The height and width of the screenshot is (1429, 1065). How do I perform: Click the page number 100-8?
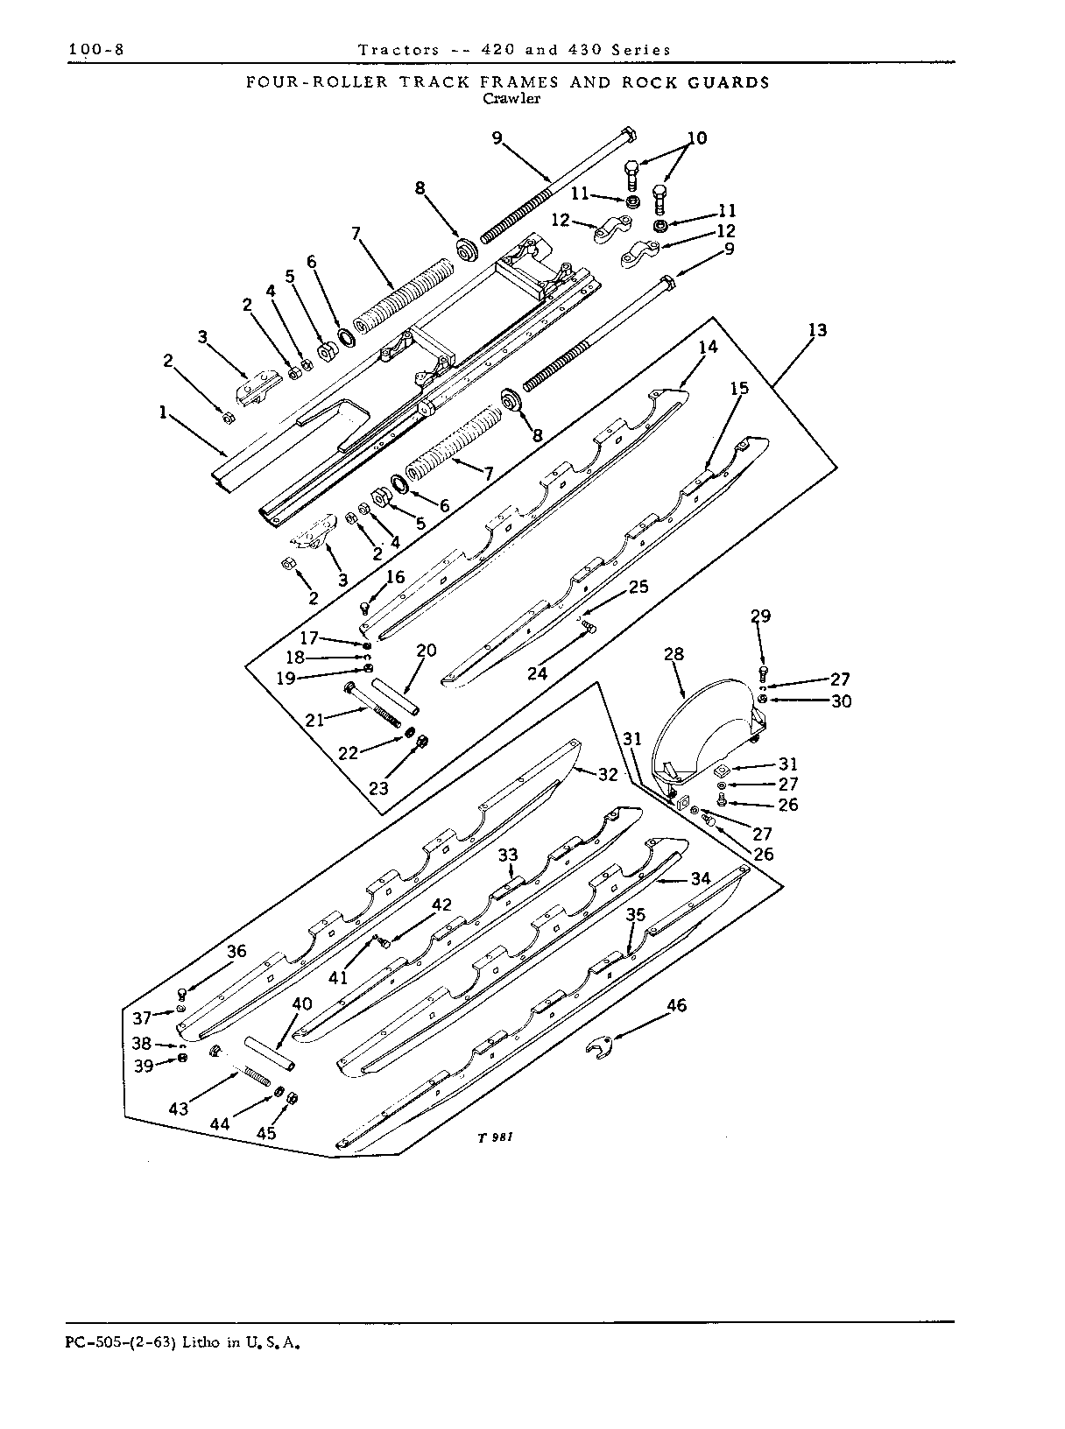[x=96, y=49]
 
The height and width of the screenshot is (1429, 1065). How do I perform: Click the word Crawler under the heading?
[x=511, y=99]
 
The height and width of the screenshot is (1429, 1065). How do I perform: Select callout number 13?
[x=817, y=330]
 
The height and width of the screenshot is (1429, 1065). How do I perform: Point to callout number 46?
[x=676, y=1005]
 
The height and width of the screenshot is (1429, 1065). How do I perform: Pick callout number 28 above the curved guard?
[x=674, y=654]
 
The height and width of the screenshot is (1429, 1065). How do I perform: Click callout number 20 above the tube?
[x=427, y=650]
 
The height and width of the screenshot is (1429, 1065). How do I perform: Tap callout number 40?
[x=301, y=1003]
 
